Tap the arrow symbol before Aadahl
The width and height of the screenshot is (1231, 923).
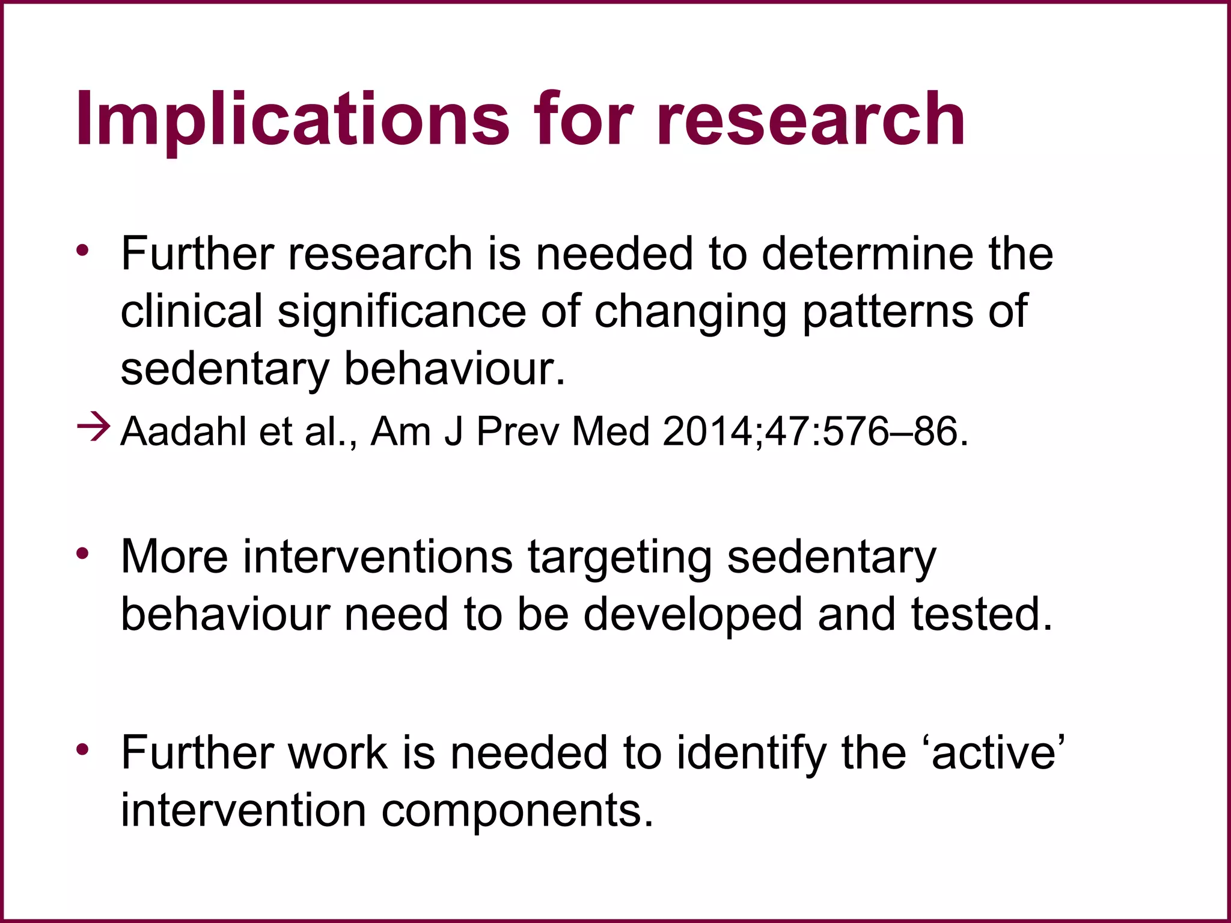coord(94,428)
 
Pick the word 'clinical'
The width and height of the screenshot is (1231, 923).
coord(192,311)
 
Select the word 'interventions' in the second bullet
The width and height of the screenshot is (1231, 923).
coord(377,556)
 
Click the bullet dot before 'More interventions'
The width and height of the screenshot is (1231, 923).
coord(83,552)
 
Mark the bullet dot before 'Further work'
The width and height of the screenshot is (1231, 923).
coord(83,749)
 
